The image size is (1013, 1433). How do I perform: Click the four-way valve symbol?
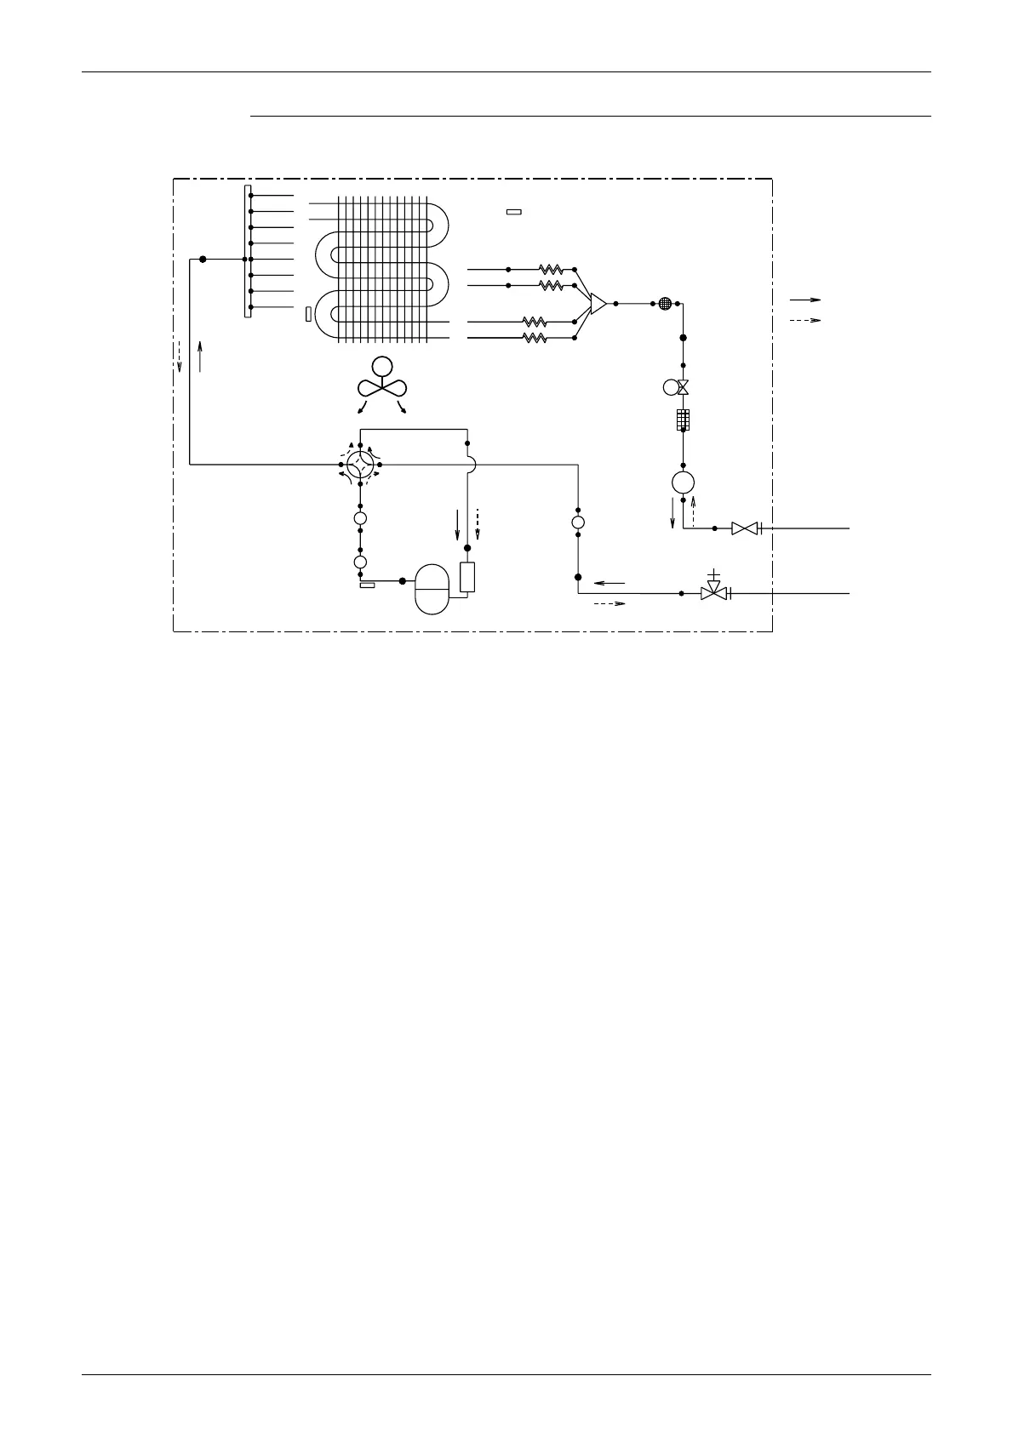click(x=360, y=465)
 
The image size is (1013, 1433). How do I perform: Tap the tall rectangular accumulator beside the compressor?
click(x=466, y=577)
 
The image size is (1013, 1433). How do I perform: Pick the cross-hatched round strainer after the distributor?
click(x=667, y=303)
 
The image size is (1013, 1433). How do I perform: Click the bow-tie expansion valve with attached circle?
click(x=676, y=387)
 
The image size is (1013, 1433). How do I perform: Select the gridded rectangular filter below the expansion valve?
click(x=683, y=420)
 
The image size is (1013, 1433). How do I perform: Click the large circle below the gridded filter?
click(x=683, y=482)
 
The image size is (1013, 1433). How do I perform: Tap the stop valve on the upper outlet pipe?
click(x=744, y=528)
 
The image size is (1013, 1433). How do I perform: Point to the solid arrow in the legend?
click(x=804, y=300)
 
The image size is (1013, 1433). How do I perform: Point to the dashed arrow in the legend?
click(x=804, y=321)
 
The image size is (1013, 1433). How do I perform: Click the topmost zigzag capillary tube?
click(x=551, y=269)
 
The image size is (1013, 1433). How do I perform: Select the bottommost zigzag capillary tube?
click(x=535, y=338)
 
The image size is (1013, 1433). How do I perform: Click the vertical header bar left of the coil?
click(x=247, y=251)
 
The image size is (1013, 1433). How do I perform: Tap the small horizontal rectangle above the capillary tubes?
click(x=513, y=211)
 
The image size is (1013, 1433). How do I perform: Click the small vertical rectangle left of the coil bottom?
click(x=307, y=315)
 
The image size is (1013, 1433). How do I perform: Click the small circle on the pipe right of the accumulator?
click(x=578, y=522)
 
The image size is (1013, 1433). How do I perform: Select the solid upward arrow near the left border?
click(x=200, y=356)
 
